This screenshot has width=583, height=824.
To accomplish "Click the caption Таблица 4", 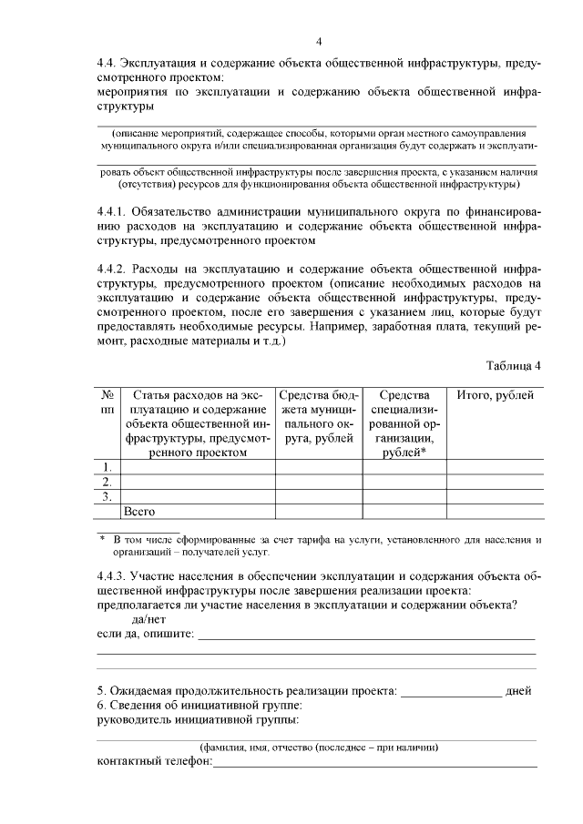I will (x=514, y=365).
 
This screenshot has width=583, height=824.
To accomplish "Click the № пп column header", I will (x=107, y=402).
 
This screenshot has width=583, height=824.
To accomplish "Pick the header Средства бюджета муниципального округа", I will (x=319, y=416).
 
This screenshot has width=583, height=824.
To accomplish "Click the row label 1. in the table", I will (x=107, y=468).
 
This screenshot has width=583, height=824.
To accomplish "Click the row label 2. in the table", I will (x=107, y=482).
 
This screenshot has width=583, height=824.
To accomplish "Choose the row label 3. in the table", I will (x=107, y=496).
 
